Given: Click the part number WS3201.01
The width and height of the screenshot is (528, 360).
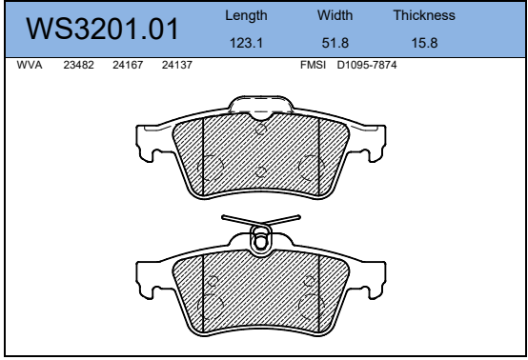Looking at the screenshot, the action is pyautogui.click(x=102, y=29).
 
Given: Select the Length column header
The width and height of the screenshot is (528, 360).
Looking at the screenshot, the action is pyautogui.click(x=246, y=16).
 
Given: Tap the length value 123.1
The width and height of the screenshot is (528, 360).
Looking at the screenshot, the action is pyautogui.click(x=246, y=43).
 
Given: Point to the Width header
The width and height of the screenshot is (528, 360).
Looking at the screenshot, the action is pyautogui.click(x=335, y=15).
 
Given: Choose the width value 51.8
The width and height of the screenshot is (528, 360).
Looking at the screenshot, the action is pyautogui.click(x=335, y=43).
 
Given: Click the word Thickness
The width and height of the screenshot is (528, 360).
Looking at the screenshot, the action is pyautogui.click(x=424, y=15).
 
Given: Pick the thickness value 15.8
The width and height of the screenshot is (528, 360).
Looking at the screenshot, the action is pyautogui.click(x=424, y=43).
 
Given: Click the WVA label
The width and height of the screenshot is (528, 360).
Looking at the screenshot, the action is pyautogui.click(x=30, y=65).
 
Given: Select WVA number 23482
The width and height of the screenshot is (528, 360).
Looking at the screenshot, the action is pyautogui.click(x=78, y=65).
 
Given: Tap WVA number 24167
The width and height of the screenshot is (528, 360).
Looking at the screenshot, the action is pyautogui.click(x=128, y=65).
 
